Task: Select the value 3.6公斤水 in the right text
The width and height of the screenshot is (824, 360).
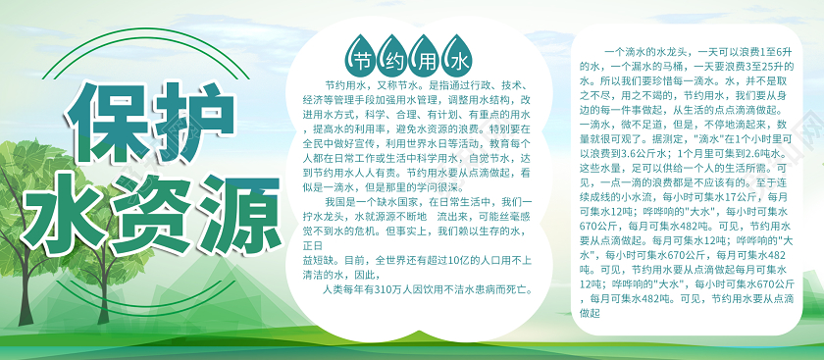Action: pos(639,153)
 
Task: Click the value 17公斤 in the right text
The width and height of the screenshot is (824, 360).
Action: pos(722,196)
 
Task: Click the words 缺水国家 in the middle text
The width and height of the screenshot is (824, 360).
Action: pos(372,202)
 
